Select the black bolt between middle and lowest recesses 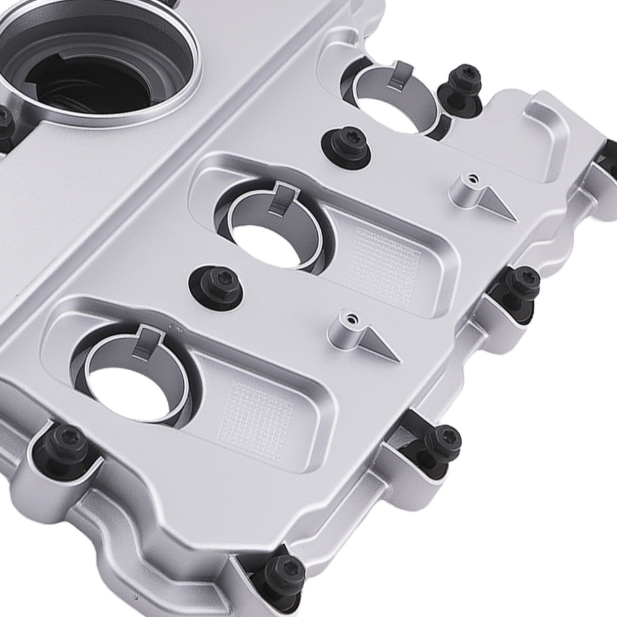(215, 283)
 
